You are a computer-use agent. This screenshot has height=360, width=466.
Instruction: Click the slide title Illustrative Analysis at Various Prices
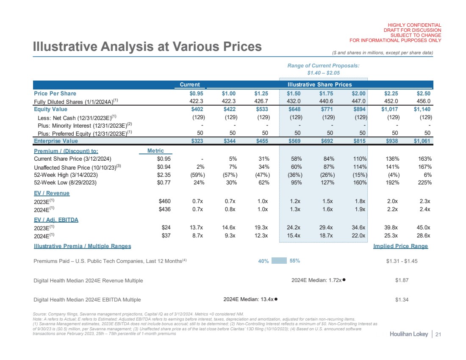[x=147, y=47]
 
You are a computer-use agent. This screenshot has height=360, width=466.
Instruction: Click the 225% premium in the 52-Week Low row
[x=424, y=183]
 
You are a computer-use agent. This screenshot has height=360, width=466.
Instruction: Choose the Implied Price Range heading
[x=400, y=246]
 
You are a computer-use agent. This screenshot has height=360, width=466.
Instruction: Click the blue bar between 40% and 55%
[x=279, y=261]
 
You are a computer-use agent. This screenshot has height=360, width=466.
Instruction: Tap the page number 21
[x=438, y=335]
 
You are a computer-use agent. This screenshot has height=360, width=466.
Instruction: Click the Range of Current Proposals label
[x=323, y=65]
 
